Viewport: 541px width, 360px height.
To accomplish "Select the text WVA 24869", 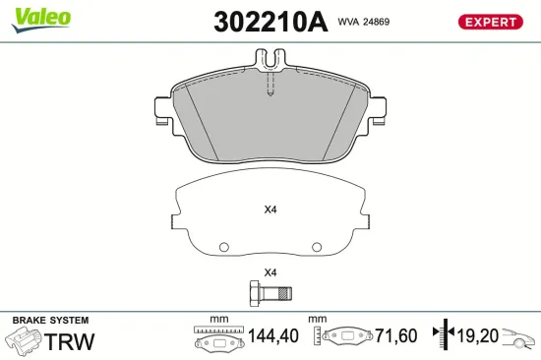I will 365,21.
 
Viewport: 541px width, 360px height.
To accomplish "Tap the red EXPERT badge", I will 490,21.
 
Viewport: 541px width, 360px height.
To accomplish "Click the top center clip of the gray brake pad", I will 270,63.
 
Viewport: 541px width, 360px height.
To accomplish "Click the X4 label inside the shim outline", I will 270,210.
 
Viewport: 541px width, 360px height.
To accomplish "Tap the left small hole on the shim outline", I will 223,247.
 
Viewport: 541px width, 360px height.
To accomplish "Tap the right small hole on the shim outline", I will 317,247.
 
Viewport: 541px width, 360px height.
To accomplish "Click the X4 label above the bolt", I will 270,272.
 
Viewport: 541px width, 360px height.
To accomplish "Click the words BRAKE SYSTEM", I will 49,321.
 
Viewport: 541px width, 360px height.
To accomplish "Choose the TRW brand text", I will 70,341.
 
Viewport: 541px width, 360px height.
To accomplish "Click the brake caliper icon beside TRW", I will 24,341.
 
